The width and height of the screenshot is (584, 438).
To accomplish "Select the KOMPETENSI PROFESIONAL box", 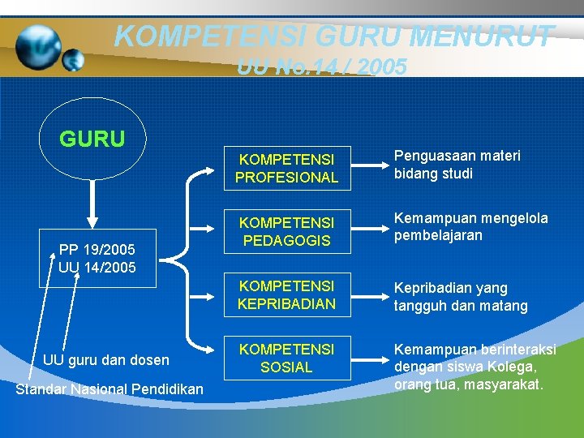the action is coord(286,167).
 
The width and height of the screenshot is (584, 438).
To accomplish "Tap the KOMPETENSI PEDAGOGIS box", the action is coord(286,231).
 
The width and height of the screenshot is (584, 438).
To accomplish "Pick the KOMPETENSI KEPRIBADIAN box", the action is coord(286,295).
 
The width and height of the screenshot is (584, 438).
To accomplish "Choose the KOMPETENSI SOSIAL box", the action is coord(286,358).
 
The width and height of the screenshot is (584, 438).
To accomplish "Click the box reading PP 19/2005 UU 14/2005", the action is coord(97,258).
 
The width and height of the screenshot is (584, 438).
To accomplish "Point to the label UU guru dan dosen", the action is coord(105,359).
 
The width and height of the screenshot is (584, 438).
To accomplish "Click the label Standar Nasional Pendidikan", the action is coord(110,390).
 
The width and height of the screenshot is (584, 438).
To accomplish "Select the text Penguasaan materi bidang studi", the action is coord(457,165).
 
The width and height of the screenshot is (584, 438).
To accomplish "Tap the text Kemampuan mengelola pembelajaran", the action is coord(470,226).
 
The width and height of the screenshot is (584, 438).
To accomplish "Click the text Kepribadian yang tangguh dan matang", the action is coord(461,297).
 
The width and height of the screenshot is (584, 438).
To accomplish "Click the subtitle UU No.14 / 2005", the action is coord(322,67).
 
